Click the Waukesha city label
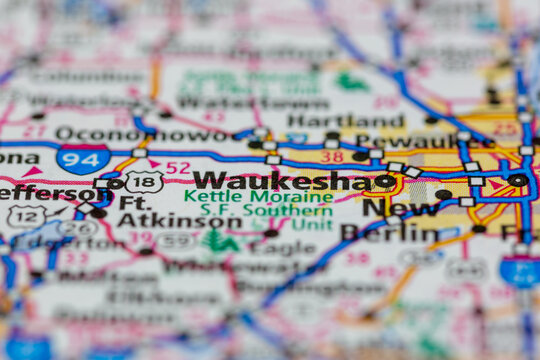pos(281,180)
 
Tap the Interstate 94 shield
pos(83,159)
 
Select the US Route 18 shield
pos(144,181)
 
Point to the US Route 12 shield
pos(25,215)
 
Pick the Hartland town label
pos(346,120)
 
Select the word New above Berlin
pos(386,208)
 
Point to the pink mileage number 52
pos(178,167)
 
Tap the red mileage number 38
pos(332,156)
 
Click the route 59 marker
pos(175,240)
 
